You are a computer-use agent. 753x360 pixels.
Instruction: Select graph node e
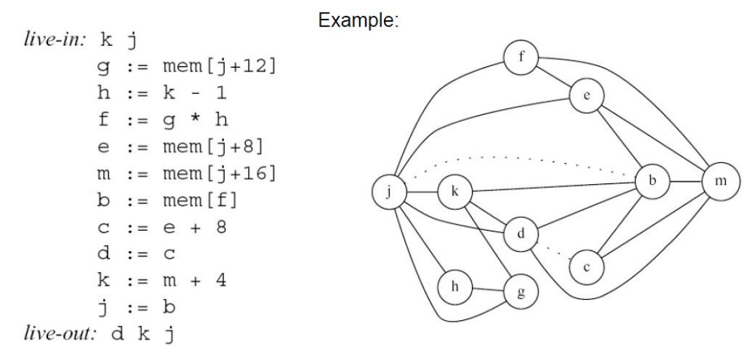pyautogui.click(x=586, y=95)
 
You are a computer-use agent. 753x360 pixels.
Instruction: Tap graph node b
pyautogui.click(x=652, y=181)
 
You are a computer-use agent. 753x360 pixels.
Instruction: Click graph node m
pyautogui.click(x=721, y=182)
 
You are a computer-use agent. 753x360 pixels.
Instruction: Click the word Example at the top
pyautogui.click(x=358, y=22)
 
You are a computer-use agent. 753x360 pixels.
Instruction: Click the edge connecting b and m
pyautogui.click(x=687, y=181)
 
